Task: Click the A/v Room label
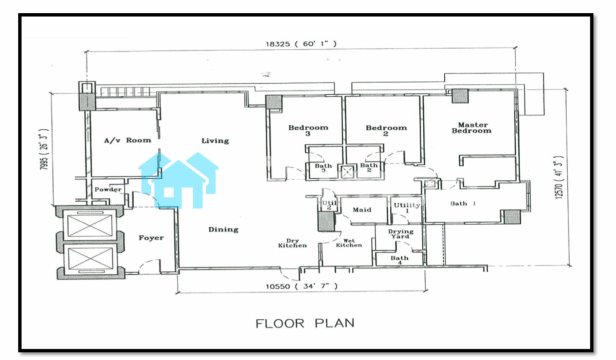pos(127,140)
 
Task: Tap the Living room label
pos(215,141)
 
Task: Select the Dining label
pos(223,229)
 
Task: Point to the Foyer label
pos(151,238)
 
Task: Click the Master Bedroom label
pos(471,128)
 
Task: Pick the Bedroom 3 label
pos(308,130)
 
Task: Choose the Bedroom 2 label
pos(386,130)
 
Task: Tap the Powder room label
pos(108,189)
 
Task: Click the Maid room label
pos(362,210)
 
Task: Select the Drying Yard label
pos(400,234)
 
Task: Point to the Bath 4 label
pos(399,260)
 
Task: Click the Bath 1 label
pos(463,204)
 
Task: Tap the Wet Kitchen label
pos(349,243)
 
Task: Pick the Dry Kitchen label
pos(292,243)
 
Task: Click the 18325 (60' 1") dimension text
pos(301,44)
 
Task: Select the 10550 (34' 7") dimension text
pos(301,286)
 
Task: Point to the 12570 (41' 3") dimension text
pos(559,177)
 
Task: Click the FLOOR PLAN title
pos(305,323)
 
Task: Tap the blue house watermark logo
pos(178,180)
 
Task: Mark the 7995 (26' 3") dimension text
pos(44,149)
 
